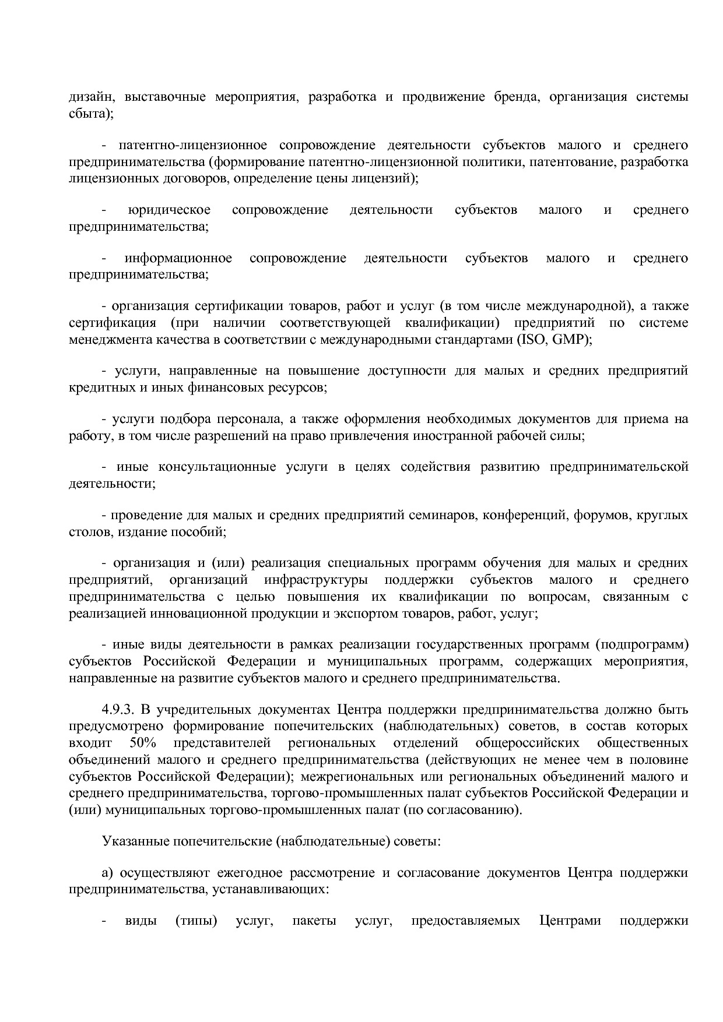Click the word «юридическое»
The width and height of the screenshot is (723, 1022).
point(169,210)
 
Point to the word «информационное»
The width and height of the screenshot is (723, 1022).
point(178,258)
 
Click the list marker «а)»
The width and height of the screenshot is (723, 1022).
point(108,873)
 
